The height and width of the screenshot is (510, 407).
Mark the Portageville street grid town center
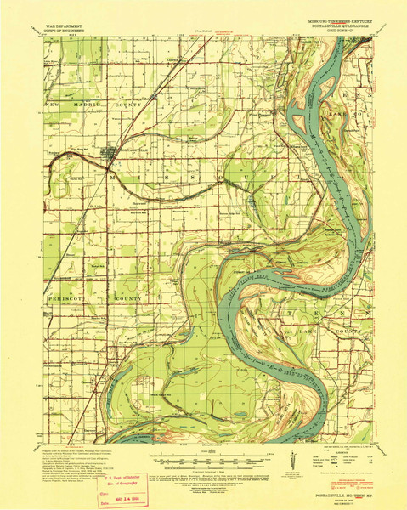110,155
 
